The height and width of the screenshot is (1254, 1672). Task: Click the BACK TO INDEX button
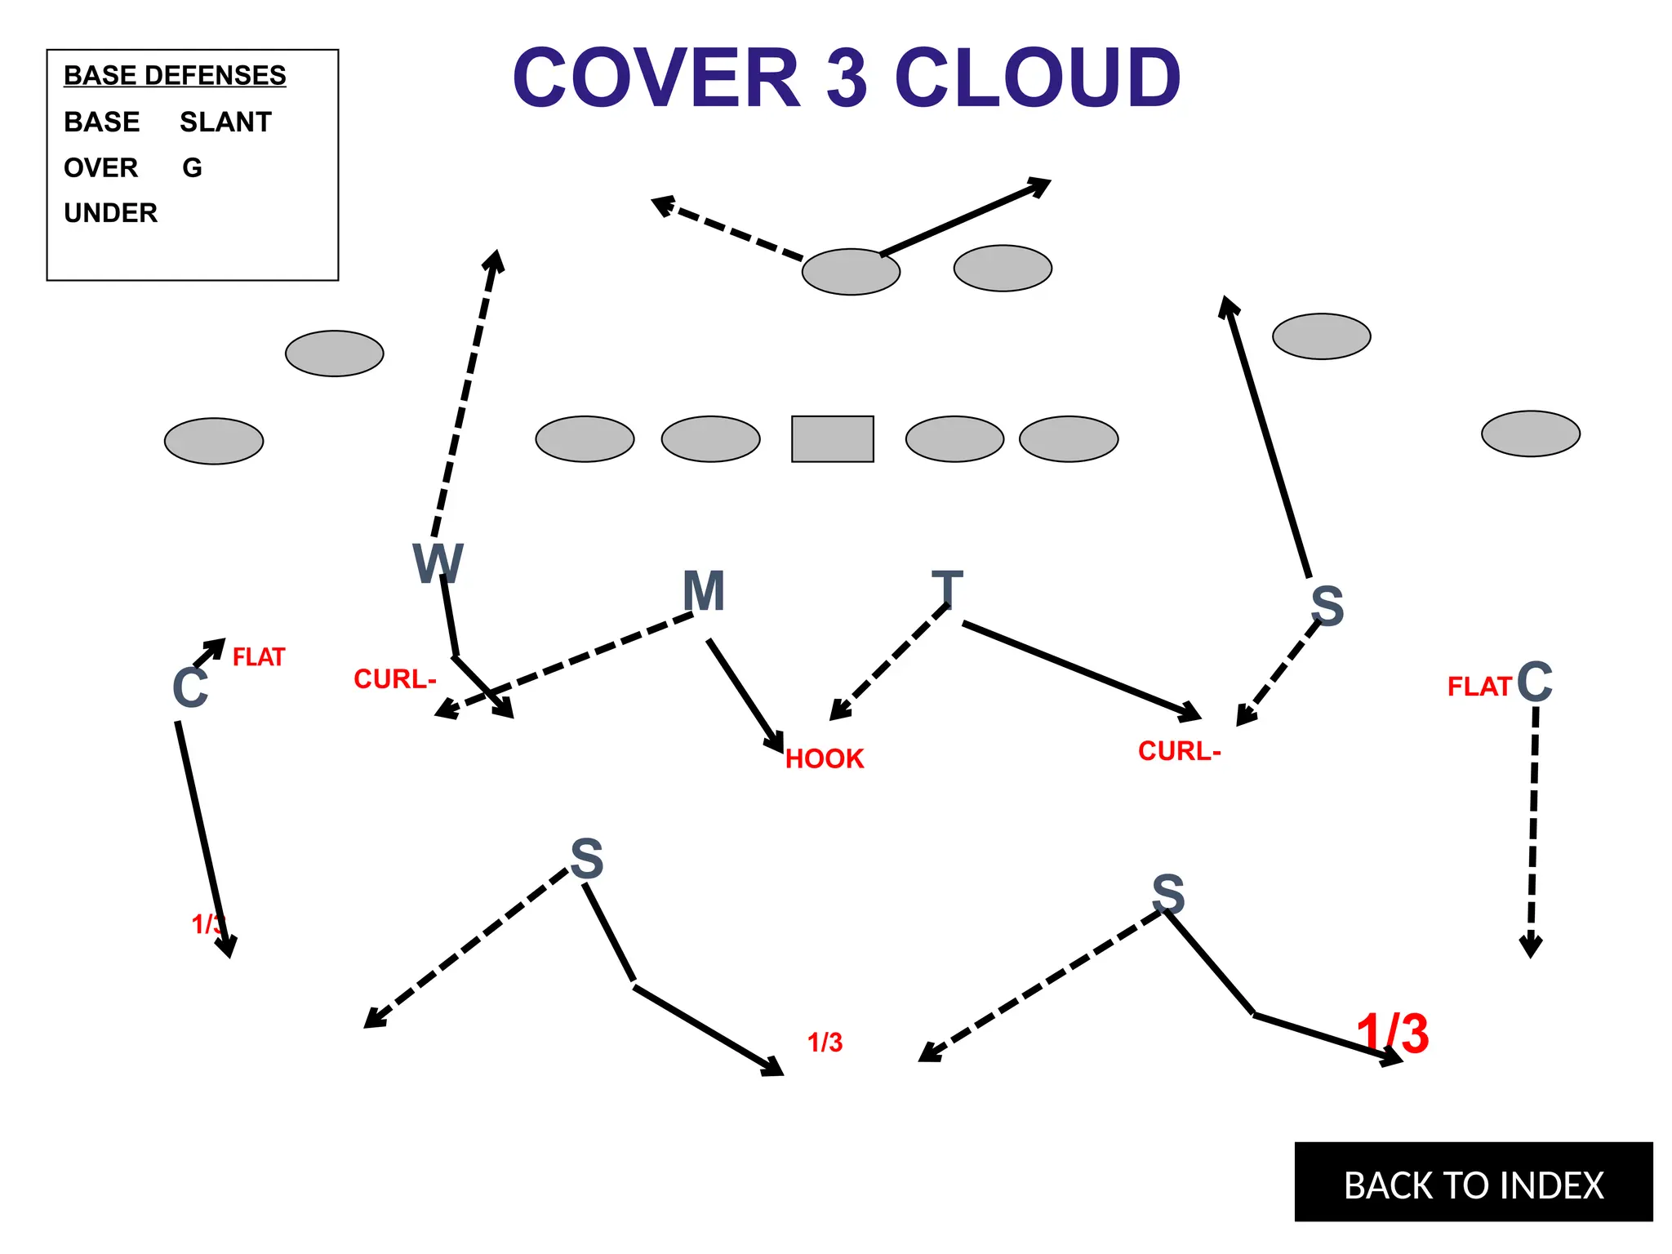point(1473,1184)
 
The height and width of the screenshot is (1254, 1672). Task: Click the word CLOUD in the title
point(1038,78)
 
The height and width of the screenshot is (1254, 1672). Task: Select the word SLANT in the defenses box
point(225,122)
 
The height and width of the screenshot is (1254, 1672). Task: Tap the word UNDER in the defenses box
point(110,213)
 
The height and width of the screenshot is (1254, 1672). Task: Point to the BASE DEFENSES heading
point(175,75)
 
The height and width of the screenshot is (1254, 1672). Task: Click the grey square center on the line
point(832,439)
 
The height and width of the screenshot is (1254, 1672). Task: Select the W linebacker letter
point(438,563)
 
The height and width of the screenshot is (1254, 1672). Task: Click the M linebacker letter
point(703,591)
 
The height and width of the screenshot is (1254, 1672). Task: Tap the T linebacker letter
point(947,589)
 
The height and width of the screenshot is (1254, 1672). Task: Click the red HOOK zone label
point(825,759)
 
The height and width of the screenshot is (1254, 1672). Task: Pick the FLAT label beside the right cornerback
point(1479,687)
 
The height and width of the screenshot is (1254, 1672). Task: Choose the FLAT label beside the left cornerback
point(259,657)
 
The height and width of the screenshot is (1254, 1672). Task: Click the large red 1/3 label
point(1393,1034)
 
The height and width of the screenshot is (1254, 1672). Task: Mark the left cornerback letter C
point(190,687)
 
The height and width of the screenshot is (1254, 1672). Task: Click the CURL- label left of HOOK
point(394,679)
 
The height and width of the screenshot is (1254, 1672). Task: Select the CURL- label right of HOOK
point(1179,751)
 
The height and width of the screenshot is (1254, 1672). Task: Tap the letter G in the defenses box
point(192,168)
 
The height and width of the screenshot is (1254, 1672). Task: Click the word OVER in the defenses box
point(101,168)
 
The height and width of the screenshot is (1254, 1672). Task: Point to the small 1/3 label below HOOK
point(825,1043)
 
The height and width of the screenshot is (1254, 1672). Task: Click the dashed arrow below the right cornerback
point(1533,833)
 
